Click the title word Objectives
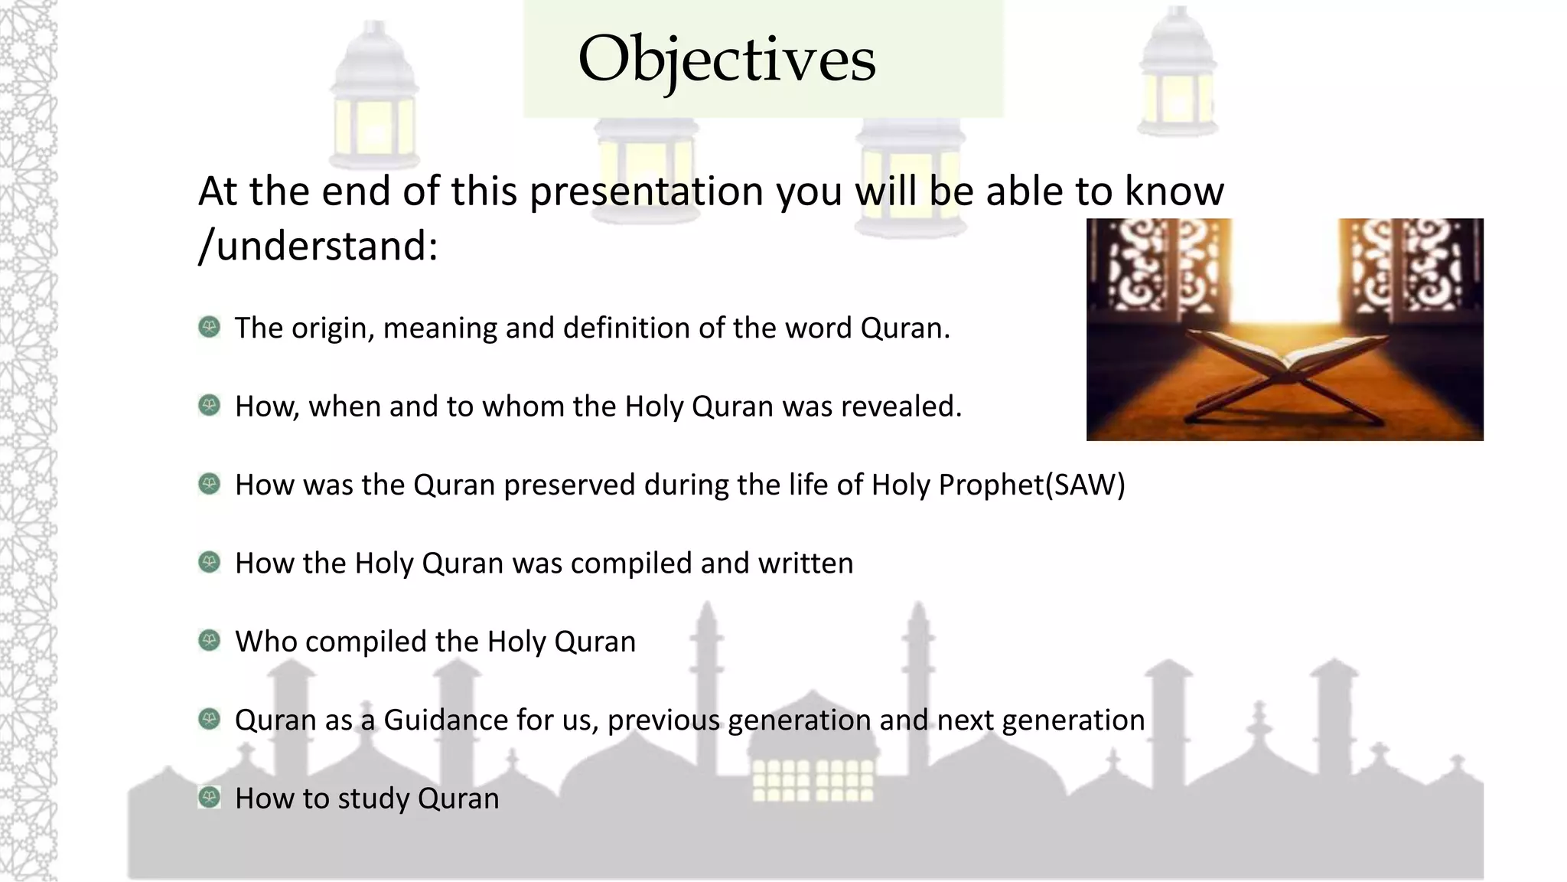coord(726,60)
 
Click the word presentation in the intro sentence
coord(647,191)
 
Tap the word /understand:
coord(318,247)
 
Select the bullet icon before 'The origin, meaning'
coord(209,328)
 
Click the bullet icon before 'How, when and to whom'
coord(209,406)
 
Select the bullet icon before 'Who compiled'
coord(209,641)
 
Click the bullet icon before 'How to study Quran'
coord(209,798)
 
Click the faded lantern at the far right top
coord(1178,77)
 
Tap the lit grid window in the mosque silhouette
coord(813,779)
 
